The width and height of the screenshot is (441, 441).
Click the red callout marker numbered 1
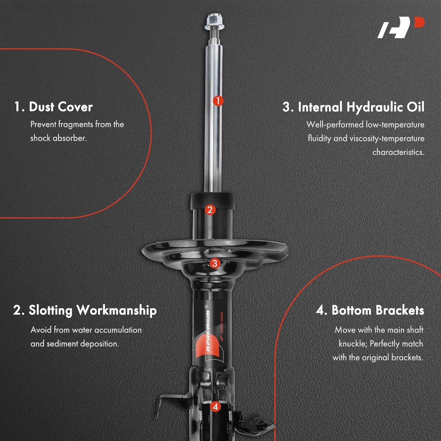click(218, 101)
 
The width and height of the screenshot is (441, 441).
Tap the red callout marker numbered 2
click(210, 210)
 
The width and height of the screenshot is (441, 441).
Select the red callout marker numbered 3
click(215, 263)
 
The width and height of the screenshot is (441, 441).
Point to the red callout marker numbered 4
click(216, 407)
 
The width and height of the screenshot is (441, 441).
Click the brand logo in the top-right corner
click(401, 27)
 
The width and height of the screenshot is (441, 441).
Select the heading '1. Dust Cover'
click(54, 107)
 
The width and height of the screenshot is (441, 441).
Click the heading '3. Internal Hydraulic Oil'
click(353, 107)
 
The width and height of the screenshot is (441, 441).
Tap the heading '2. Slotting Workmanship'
click(85, 310)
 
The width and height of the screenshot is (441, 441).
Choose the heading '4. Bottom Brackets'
click(370, 310)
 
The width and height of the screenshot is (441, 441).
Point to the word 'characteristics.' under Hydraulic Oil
click(398, 152)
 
